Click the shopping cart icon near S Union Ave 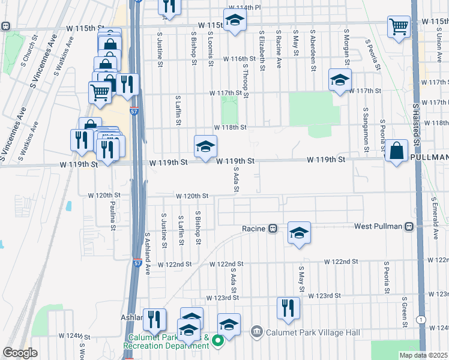click(399, 27)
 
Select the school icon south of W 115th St click(235, 22)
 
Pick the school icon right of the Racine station click(299, 233)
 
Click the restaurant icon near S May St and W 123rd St click(288, 308)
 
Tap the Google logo click(20, 353)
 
